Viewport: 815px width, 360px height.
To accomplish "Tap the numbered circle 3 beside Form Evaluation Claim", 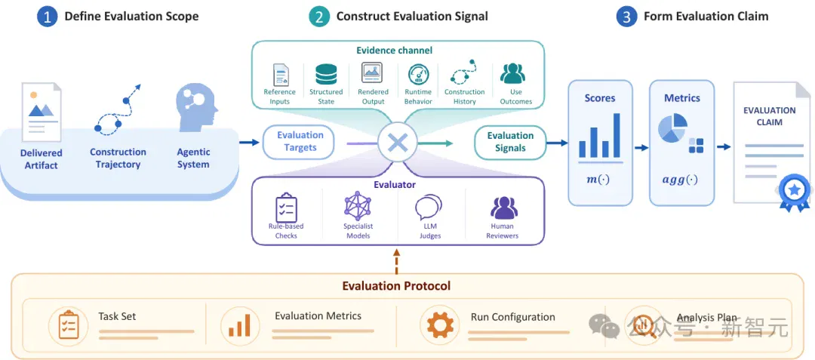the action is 626,17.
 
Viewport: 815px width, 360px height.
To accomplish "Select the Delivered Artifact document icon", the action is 41,112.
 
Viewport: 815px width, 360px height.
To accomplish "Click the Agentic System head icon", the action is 196,110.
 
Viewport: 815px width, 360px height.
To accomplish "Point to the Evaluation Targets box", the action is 300,141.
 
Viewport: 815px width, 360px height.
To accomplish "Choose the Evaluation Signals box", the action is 510,142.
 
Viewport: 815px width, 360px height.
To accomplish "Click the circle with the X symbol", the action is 398,143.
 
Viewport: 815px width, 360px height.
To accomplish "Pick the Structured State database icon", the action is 326,75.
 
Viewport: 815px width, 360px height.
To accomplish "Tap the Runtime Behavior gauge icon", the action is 418,75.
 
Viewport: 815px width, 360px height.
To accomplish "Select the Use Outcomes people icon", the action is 512,74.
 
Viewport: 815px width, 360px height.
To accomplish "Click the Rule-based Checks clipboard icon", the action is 286,208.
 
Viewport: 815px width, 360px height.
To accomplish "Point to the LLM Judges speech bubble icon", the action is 429,208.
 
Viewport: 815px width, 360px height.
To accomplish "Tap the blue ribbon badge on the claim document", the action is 794,192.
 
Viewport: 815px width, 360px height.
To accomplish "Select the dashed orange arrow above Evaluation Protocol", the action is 397,261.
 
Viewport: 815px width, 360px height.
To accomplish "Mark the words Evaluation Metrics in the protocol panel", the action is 318,315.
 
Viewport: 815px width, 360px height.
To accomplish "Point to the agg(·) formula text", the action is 680,180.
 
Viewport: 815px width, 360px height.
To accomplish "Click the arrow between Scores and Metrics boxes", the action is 641,147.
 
